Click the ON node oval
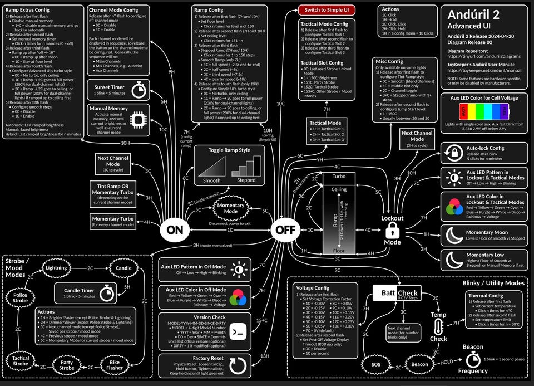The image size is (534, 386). point(175,229)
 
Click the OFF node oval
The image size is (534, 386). point(286,229)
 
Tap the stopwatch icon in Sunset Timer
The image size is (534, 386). point(137,91)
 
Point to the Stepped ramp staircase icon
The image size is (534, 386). point(246,167)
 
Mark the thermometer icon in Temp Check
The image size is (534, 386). point(439,328)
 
